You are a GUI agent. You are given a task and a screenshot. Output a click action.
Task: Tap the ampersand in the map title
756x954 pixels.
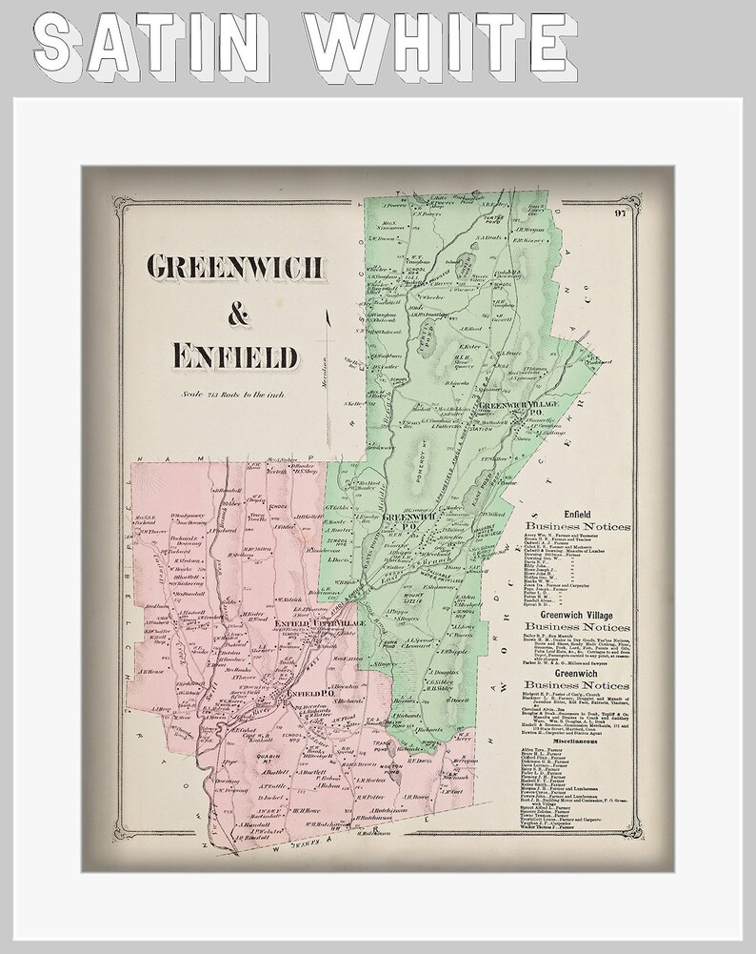click(233, 311)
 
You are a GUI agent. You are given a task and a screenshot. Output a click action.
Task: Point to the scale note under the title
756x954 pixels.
click(233, 394)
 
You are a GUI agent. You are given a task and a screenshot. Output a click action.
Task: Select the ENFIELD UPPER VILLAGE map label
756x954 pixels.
click(306, 622)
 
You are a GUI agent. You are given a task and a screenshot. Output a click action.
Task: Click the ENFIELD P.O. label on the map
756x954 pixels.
click(306, 693)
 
